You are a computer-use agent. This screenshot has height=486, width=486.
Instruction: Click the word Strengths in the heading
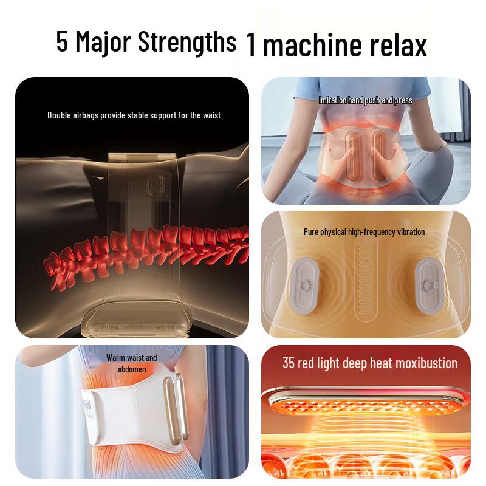(187, 43)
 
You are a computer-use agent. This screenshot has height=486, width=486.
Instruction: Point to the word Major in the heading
(104, 43)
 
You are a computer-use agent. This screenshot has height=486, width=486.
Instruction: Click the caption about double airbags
(134, 115)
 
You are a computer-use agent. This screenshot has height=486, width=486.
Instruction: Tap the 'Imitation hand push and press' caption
(365, 100)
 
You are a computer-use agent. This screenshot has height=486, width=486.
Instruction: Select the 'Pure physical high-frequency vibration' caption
(364, 231)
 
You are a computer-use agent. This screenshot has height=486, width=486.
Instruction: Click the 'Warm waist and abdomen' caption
(131, 363)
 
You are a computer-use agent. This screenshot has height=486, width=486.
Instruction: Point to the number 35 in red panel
(289, 363)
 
